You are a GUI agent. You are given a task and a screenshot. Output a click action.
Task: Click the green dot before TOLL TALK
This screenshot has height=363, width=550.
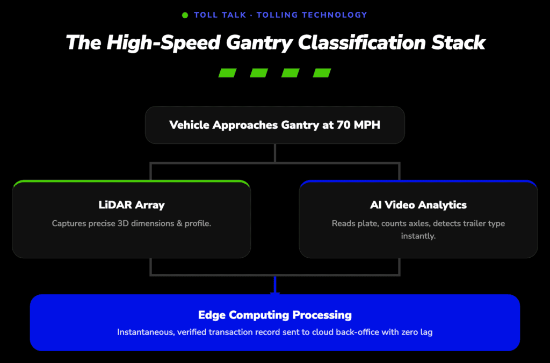185,15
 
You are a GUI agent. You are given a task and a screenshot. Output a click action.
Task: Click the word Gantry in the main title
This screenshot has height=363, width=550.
259,43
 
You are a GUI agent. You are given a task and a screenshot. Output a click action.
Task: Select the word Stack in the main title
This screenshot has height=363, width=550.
458,42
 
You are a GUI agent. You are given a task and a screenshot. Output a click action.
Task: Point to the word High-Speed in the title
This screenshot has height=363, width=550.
163,43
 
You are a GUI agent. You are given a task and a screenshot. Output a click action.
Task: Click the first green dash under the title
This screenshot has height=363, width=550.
227,72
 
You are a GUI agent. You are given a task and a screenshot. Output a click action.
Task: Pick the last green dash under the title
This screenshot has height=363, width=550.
322,72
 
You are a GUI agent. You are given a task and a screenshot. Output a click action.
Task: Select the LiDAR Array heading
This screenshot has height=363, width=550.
132,205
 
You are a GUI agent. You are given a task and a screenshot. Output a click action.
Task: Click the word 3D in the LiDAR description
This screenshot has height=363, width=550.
123,223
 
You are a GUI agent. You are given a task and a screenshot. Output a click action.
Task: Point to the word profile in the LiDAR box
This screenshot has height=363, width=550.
198,223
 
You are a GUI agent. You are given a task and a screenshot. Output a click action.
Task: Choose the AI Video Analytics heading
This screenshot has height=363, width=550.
418,205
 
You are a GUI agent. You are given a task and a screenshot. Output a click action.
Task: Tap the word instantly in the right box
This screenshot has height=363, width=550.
418,236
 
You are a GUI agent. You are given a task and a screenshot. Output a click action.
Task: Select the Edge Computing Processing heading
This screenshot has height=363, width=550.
275,315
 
